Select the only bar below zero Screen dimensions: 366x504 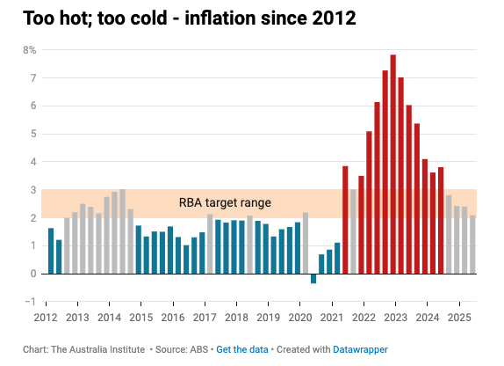313,278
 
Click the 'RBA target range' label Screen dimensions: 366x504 225,203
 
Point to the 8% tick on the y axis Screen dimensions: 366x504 29,50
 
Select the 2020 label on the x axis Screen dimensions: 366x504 300,317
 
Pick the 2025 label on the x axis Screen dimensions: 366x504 459,317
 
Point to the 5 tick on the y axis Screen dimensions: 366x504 32,134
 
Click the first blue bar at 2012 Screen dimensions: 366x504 51,251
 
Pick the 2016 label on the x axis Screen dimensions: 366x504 172,317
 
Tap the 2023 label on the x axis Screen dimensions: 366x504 396,317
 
